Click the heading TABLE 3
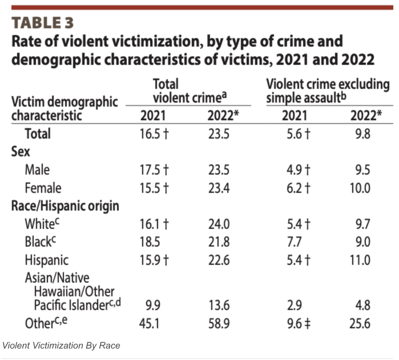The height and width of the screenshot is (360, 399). click(x=43, y=23)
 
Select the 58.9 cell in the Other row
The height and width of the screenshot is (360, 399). click(x=219, y=323)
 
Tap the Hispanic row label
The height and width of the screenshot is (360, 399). click(x=46, y=260)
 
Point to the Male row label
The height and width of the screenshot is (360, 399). click(x=37, y=170)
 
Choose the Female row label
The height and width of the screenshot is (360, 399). click(x=43, y=188)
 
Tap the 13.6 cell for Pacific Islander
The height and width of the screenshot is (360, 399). click(x=219, y=305)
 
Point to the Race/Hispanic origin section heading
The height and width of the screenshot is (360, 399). click(x=65, y=206)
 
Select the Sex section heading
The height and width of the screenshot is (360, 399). click(x=20, y=152)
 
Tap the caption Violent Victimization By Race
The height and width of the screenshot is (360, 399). click(x=61, y=345)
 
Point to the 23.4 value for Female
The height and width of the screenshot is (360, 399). click(x=219, y=188)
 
